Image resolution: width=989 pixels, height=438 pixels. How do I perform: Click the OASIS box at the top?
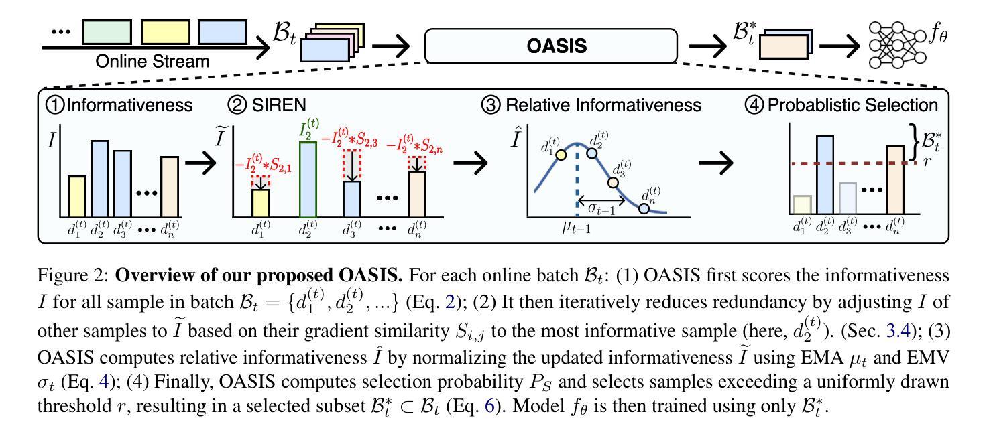click(x=552, y=46)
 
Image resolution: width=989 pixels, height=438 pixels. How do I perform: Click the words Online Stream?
click(x=152, y=61)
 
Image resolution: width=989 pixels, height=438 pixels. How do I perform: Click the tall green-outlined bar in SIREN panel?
click(x=307, y=179)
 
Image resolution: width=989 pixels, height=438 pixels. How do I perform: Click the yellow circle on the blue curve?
click(x=562, y=155)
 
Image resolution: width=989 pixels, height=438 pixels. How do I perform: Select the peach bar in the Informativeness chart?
click(x=169, y=187)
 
